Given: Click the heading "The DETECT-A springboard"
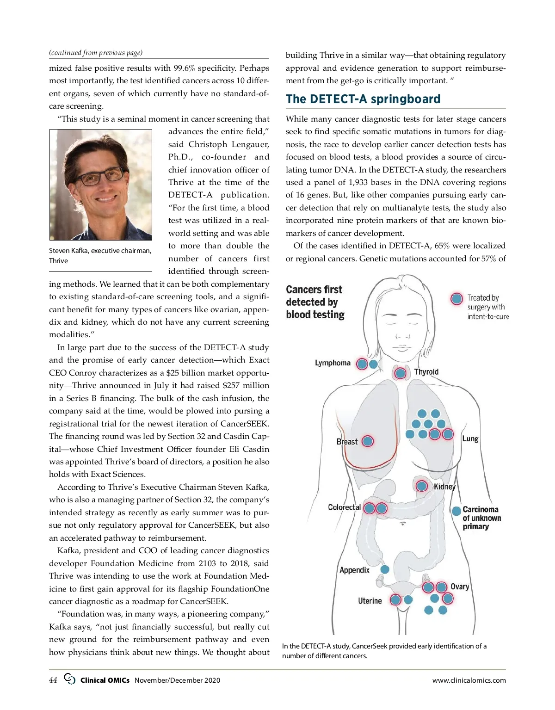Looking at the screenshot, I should pos(363,99).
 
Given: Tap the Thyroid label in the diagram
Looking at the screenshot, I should pos(426,372).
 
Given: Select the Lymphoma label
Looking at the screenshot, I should pos(333,363).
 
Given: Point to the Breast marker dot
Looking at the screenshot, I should pos(367,441).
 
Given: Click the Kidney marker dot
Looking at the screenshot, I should pos(421,486).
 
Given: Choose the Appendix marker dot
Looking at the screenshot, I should pos(384,569).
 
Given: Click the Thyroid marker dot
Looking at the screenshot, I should pos(401,373).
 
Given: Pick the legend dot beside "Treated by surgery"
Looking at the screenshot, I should pos(456,299).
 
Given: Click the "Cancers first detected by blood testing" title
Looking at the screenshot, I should pos(315,302).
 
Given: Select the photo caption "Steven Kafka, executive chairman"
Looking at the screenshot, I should pos(100,251).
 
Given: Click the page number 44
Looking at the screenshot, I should pos(53,680).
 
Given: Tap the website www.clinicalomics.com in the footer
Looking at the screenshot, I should pos(469,680).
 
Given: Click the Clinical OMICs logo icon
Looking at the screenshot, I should pos(70,679).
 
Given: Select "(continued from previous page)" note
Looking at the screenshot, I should pos(96,53).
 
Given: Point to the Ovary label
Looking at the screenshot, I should pos(460,587).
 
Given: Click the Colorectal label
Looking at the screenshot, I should pos(344,507).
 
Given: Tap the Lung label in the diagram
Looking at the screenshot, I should pos(470,438).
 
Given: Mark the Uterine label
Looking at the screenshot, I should pos(370,601).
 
